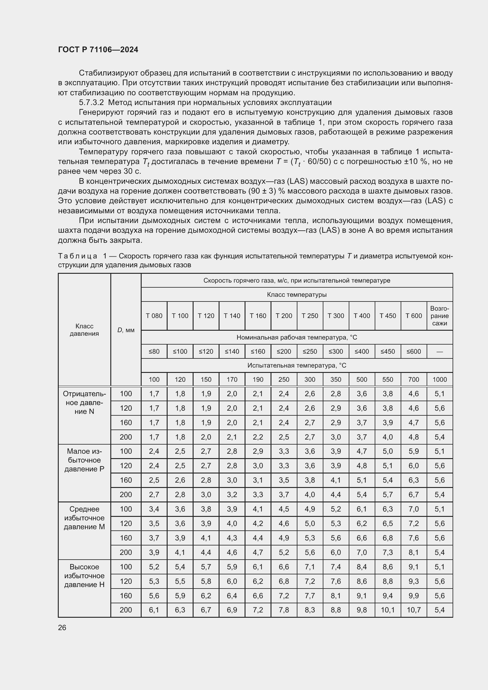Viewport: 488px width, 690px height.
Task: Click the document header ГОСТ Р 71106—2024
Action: pos(98,50)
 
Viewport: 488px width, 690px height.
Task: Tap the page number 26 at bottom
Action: pos(62,627)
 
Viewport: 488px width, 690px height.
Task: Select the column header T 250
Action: pos(310,316)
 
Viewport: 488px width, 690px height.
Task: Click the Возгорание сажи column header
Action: pos(439,316)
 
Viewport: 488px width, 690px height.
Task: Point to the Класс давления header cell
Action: pos(84,330)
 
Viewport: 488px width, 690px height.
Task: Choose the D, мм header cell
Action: pos(126,330)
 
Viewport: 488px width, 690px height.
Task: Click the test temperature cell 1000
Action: pos(439,380)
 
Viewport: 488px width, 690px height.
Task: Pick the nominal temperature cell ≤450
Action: pos(387,352)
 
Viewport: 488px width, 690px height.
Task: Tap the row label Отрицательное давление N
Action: pos(84,402)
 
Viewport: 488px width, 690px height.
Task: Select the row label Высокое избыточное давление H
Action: pos(84,576)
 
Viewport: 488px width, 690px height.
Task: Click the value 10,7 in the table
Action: pos(413,610)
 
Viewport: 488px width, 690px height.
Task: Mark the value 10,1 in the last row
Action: pos(387,610)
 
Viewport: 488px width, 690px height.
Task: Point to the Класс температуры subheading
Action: pos(297,294)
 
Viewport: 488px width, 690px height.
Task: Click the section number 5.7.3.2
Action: pos(91,102)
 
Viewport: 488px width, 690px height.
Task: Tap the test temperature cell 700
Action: pos(413,380)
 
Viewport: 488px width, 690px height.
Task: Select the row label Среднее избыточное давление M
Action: pos(84,518)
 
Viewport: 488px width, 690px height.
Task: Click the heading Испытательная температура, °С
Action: pos(297,366)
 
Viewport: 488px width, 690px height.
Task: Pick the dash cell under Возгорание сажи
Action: pos(439,352)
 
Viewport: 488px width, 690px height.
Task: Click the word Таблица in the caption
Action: pos(77,256)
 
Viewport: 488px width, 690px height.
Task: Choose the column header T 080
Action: pos(154,316)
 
